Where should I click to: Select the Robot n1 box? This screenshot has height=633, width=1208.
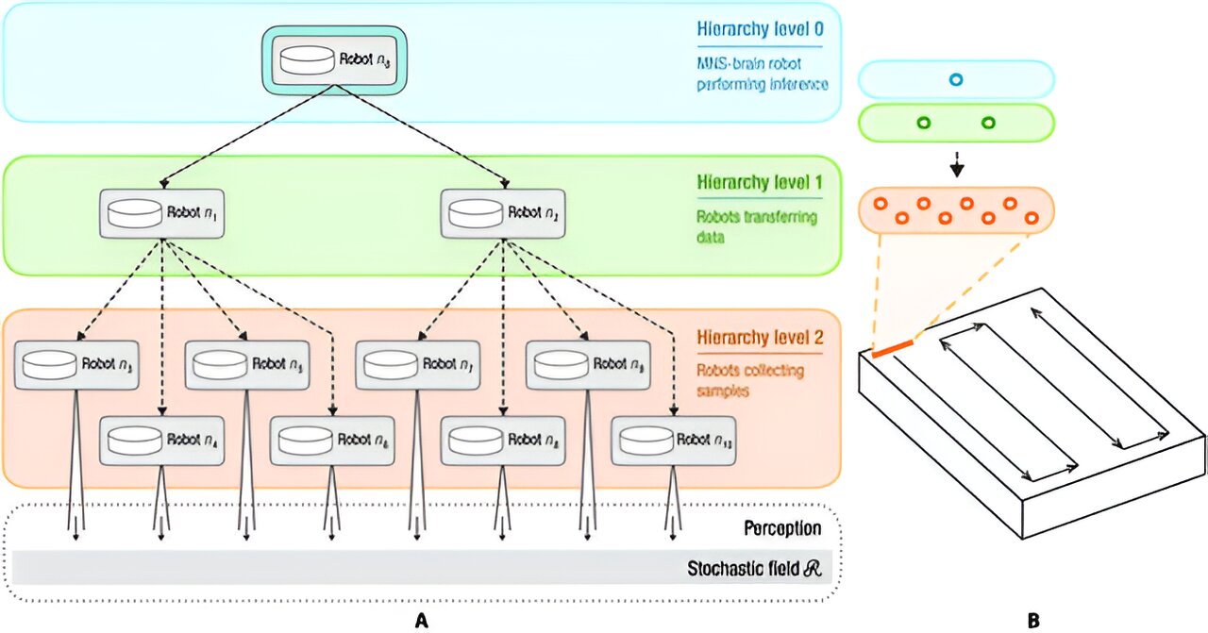[163, 214]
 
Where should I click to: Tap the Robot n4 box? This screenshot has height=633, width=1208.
[162, 441]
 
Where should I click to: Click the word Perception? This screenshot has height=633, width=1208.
[780, 529]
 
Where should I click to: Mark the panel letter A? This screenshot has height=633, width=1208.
[422, 620]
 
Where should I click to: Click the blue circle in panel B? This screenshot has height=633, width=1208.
[955, 80]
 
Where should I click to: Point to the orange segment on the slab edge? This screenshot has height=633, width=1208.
[892, 348]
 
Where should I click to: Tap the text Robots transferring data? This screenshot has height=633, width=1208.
[758, 227]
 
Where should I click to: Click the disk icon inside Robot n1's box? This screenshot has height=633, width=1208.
[133, 214]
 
